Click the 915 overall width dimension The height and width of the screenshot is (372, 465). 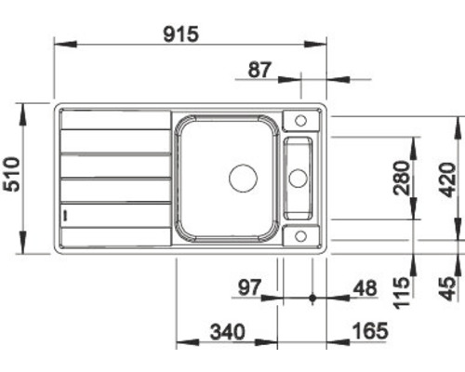tap(180, 34)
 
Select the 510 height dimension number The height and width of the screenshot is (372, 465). tap(11, 175)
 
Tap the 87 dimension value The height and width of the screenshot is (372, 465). tap(259, 70)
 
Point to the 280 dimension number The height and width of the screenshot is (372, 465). tap(402, 178)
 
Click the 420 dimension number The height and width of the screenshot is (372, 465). tap(448, 179)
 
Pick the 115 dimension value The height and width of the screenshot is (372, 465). tap(402, 293)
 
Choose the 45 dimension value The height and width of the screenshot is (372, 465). tap(448, 289)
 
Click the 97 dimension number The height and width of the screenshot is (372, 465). tap(250, 287)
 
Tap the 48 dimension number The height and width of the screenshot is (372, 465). tap(365, 288)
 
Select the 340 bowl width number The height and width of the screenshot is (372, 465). tap(228, 331)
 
